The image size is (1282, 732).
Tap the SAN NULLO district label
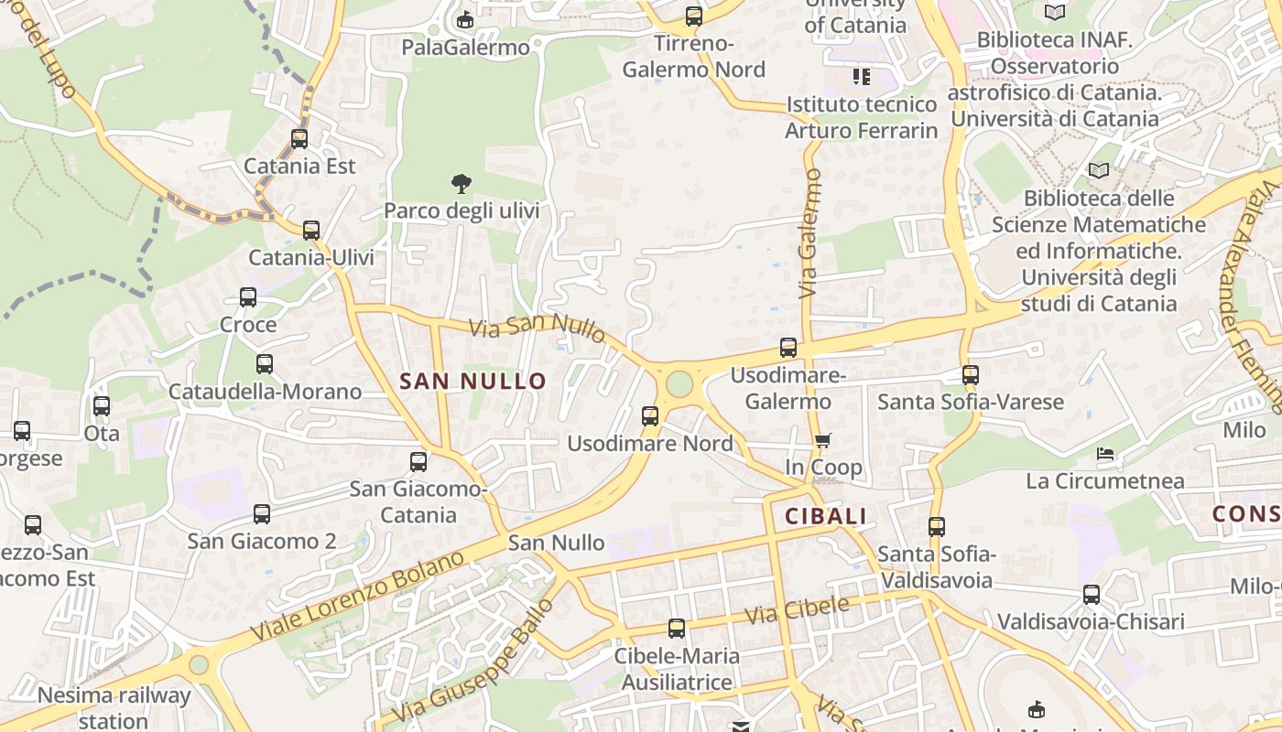pyautogui.click(x=473, y=382)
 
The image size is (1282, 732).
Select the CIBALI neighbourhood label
pyautogui.click(x=826, y=516)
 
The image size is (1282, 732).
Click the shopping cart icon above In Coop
pyautogui.click(x=822, y=441)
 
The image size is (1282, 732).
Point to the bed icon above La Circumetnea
pyautogui.click(x=1105, y=454)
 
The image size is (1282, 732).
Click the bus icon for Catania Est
pyautogui.click(x=299, y=139)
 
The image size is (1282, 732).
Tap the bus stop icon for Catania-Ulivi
pyautogui.click(x=311, y=231)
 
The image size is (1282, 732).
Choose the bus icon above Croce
pyautogui.click(x=248, y=297)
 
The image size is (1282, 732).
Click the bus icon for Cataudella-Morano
pyautogui.click(x=265, y=364)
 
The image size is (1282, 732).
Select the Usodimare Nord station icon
pyautogui.click(x=650, y=416)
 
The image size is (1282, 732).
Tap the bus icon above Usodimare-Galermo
pyautogui.click(x=788, y=348)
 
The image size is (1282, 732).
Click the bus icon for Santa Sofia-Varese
pyautogui.click(x=971, y=375)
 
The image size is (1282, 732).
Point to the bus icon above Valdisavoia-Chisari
pyautogui.click(x=1092, y=595)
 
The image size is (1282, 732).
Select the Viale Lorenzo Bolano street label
pyautogui.click(x=358, y=597)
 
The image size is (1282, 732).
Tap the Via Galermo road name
pyautogui.click(x=809, y=233)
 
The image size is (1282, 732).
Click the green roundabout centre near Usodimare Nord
pyautogui.click(x=679, y=383)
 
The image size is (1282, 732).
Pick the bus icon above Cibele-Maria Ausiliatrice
pyautogui.click(x=677, y=629)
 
